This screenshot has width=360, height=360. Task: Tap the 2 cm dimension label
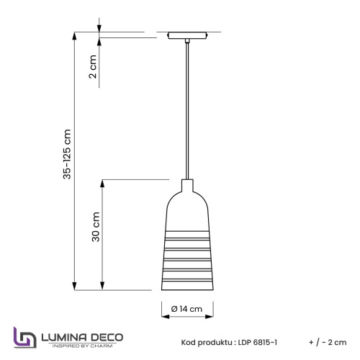click(x=92, y=70)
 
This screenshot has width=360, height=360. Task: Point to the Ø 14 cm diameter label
click(x=188, y=310)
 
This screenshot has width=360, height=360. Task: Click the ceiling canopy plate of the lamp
click(x=187, y=37)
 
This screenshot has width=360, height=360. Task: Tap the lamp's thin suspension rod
click(x=187, y=108)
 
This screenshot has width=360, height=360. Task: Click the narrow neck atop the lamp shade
click(x=187, y=186)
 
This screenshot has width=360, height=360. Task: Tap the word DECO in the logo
click(x=106, y=336)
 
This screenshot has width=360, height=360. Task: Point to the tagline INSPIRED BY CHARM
click(x=80, y=346)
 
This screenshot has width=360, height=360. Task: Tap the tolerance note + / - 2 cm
click(x=327, y=342)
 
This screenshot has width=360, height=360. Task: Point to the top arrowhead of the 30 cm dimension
click(x=105, y=181)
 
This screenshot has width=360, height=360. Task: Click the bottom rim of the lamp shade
click(x=187, y=289)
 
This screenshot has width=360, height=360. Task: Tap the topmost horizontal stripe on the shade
click(x=187, y=233)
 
